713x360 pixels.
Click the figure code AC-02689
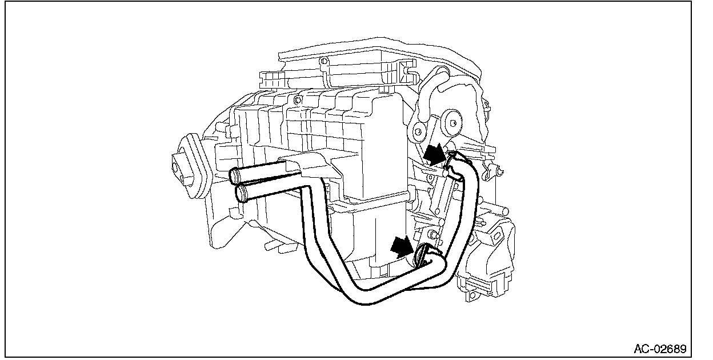pyautogui.click(x=660, y=348)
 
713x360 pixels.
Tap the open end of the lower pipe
pyautogui.click(x=242, y=193)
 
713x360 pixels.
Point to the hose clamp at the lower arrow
pyautogui.click(x=424, y=254)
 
